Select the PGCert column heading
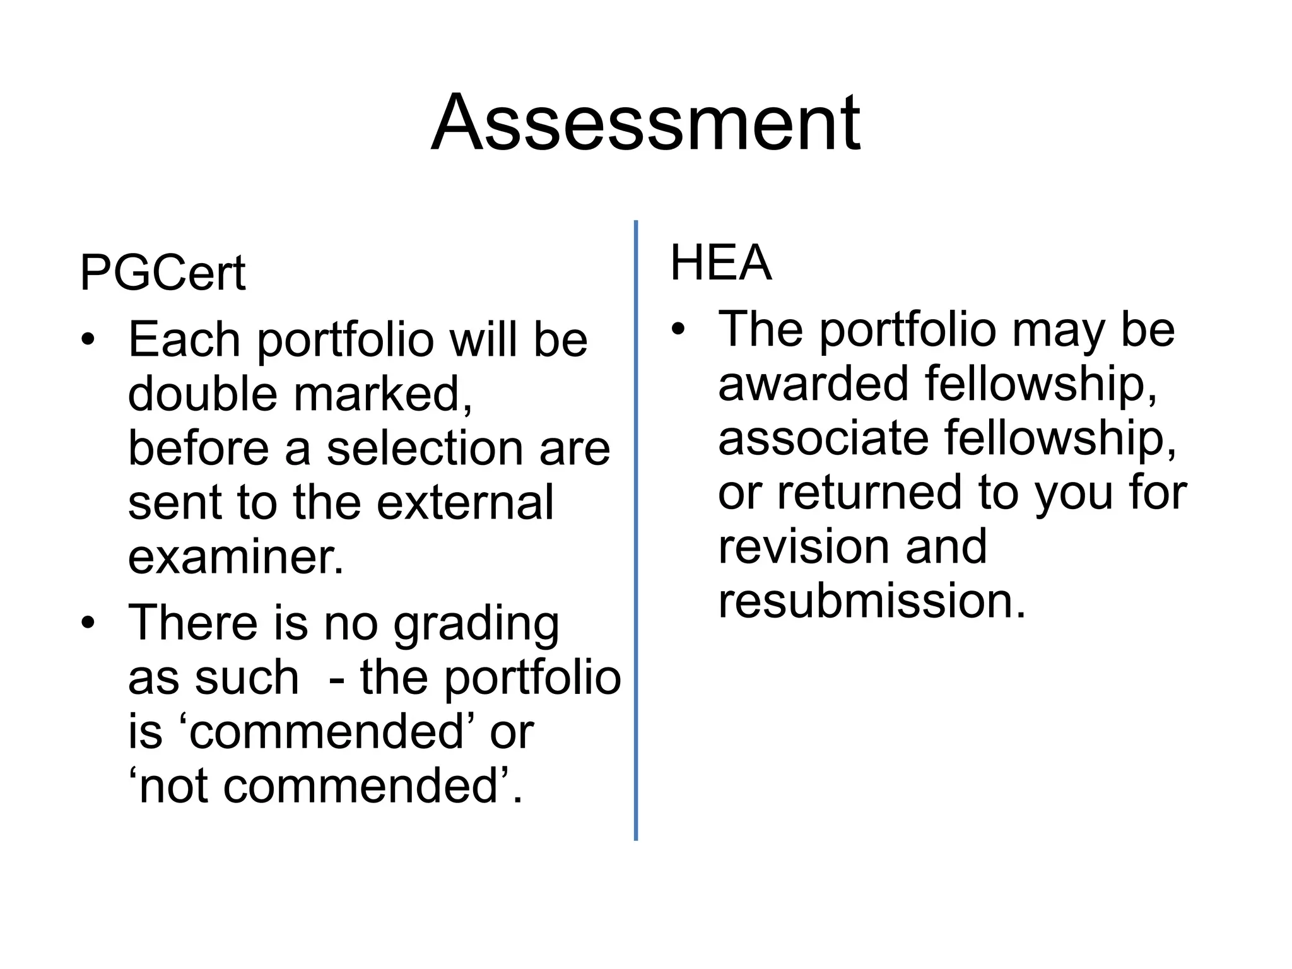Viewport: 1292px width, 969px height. pyautogui.click(x=162, y=273)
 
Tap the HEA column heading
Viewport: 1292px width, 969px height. pyautogui.click(x=720, y=262)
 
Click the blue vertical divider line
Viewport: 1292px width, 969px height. pyautogui.click(x=635, y=530)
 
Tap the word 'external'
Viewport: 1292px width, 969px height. pyautogui.click(x=465, y=503)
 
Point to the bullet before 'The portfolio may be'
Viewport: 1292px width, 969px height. pyautogui.click(x=678, y=329)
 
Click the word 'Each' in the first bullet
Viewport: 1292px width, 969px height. pyautogui.click(x=184, y=339)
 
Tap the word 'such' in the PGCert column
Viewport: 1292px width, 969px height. pyautogui.click(x=247, y=678)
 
